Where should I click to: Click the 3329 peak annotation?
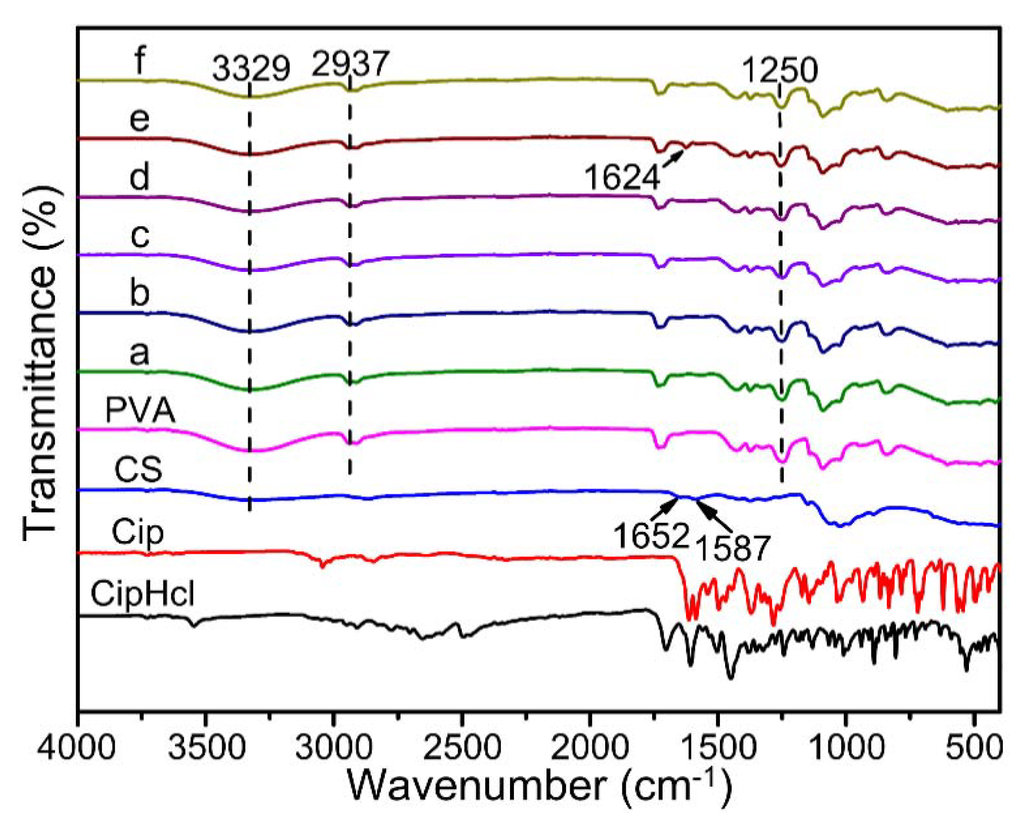point(251,68)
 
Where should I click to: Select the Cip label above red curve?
point(138,532)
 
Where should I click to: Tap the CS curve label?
point(138,469)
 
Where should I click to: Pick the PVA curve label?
point(140,411)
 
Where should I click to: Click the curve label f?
point(139,61)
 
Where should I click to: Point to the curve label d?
point(139,177)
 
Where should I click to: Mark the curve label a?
point(139,354)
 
